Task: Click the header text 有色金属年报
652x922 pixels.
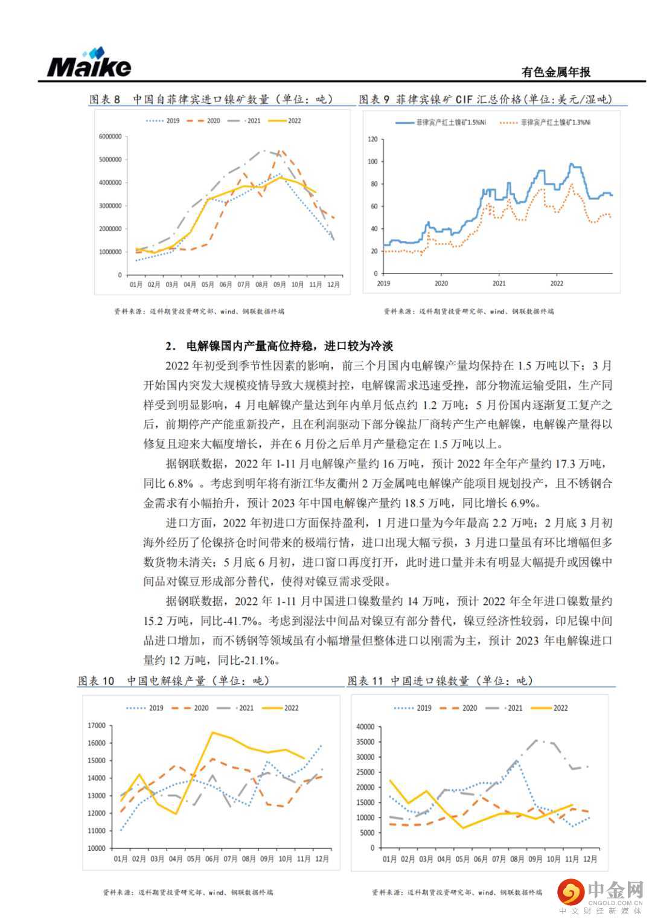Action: (555, 72)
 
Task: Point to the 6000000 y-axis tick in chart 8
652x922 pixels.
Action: (110, 136)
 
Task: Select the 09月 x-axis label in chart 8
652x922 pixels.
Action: (279, 284)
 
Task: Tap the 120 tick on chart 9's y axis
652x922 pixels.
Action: (372, 139)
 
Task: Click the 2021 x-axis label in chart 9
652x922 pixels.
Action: (499, 283)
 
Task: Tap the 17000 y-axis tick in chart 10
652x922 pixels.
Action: (97, 726)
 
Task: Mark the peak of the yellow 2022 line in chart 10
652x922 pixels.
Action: (213, 732)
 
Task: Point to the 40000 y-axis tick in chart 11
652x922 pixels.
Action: (366, 726)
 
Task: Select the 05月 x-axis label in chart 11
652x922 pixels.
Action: (463, 859)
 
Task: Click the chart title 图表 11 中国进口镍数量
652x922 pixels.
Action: (441, 681)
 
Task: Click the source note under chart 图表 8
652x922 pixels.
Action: (199, 312)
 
